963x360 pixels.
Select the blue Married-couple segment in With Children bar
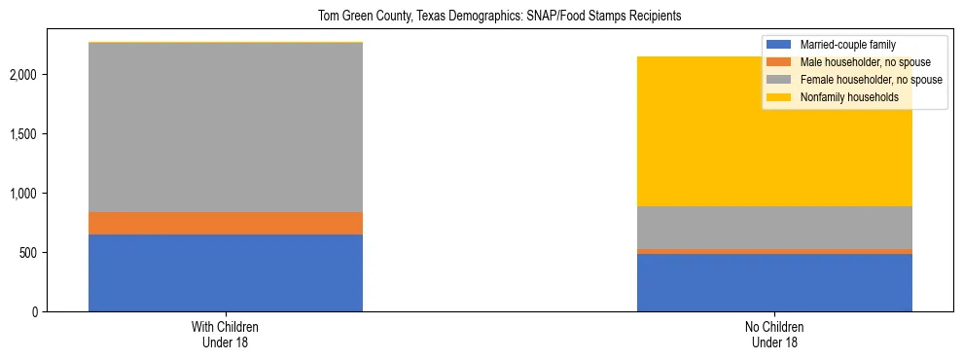[x=226, y=273]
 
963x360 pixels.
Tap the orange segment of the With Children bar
[x=226, y=224]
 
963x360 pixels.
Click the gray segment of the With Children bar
[x=226, y=127]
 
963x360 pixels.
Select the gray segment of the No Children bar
[x=774, y=228]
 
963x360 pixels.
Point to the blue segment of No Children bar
[x=774, y=283]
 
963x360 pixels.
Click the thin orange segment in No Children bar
[x=774, y=251]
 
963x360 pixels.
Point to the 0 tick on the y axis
[x=35, y=312]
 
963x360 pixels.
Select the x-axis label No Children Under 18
[x=774, y=335]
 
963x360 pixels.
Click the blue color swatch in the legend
[x=780, y=45]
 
